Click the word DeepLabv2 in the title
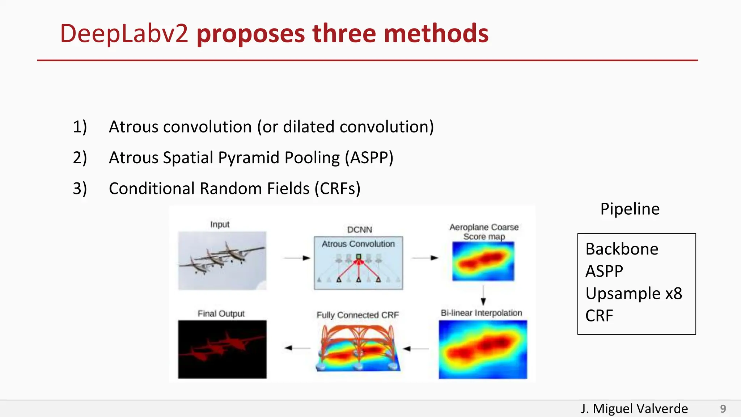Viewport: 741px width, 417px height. coord(124,34)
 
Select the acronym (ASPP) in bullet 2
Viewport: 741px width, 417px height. coord(369,158)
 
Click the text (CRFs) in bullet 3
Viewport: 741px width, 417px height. coord(337,189)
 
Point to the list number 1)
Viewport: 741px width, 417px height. coord(80,127)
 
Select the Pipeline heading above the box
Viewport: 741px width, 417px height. coord(630,209)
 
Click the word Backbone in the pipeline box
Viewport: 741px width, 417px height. coord(622,249)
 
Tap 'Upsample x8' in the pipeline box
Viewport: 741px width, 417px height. coord(634,293)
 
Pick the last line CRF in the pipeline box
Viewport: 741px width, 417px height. coord(599,316)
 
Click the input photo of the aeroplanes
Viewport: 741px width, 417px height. coord(222,261)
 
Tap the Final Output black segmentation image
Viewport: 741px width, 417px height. coord(222,349)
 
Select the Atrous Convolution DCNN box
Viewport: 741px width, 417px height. coord(358,263)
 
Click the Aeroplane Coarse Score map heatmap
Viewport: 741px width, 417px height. coord(483,261)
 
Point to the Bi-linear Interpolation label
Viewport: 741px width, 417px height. coord(481,313)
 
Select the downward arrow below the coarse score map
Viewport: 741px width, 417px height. coord(483,296)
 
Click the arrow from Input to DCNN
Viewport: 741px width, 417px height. coord(297,258)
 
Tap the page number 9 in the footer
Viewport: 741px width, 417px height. coord(723,409)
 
